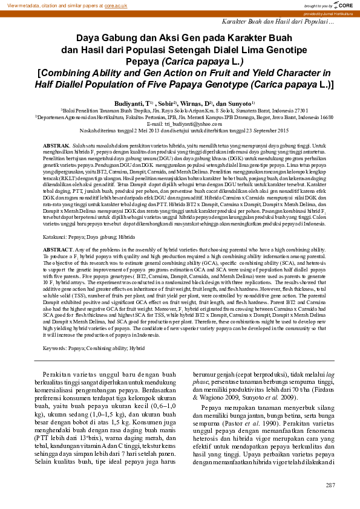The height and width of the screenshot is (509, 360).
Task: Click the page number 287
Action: pos(330,485)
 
